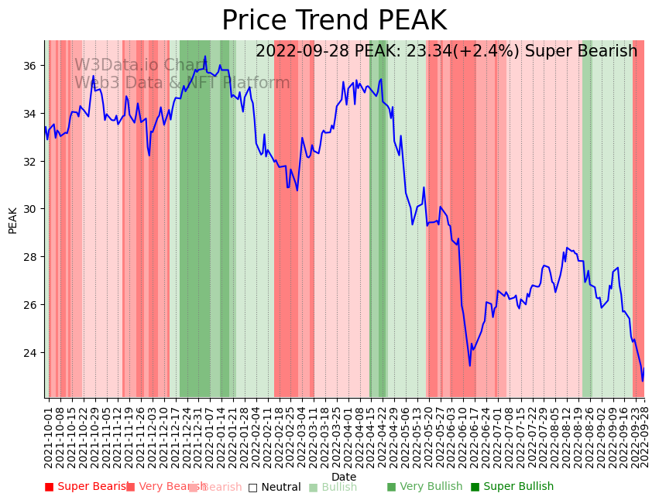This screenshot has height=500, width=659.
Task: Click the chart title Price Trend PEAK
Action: click(x=334, y=21)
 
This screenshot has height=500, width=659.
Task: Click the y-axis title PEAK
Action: click(x=12, y=220)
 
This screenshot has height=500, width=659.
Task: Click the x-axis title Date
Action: click(x=344, y=477)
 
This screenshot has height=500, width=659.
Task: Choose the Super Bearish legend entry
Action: click(x=87, y=487)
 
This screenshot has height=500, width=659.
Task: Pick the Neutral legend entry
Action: click(x=275, y=487)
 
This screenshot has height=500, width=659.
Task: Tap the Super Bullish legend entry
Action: click(x=512, y=487)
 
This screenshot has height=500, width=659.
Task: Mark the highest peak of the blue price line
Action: click(x=205, y=57)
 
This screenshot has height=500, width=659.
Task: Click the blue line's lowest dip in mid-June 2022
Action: click(x=469, y=365)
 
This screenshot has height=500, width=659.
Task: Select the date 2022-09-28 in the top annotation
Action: click(x=303, y=51)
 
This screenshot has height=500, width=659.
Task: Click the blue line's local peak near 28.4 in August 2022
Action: click(x=567, y=248)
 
